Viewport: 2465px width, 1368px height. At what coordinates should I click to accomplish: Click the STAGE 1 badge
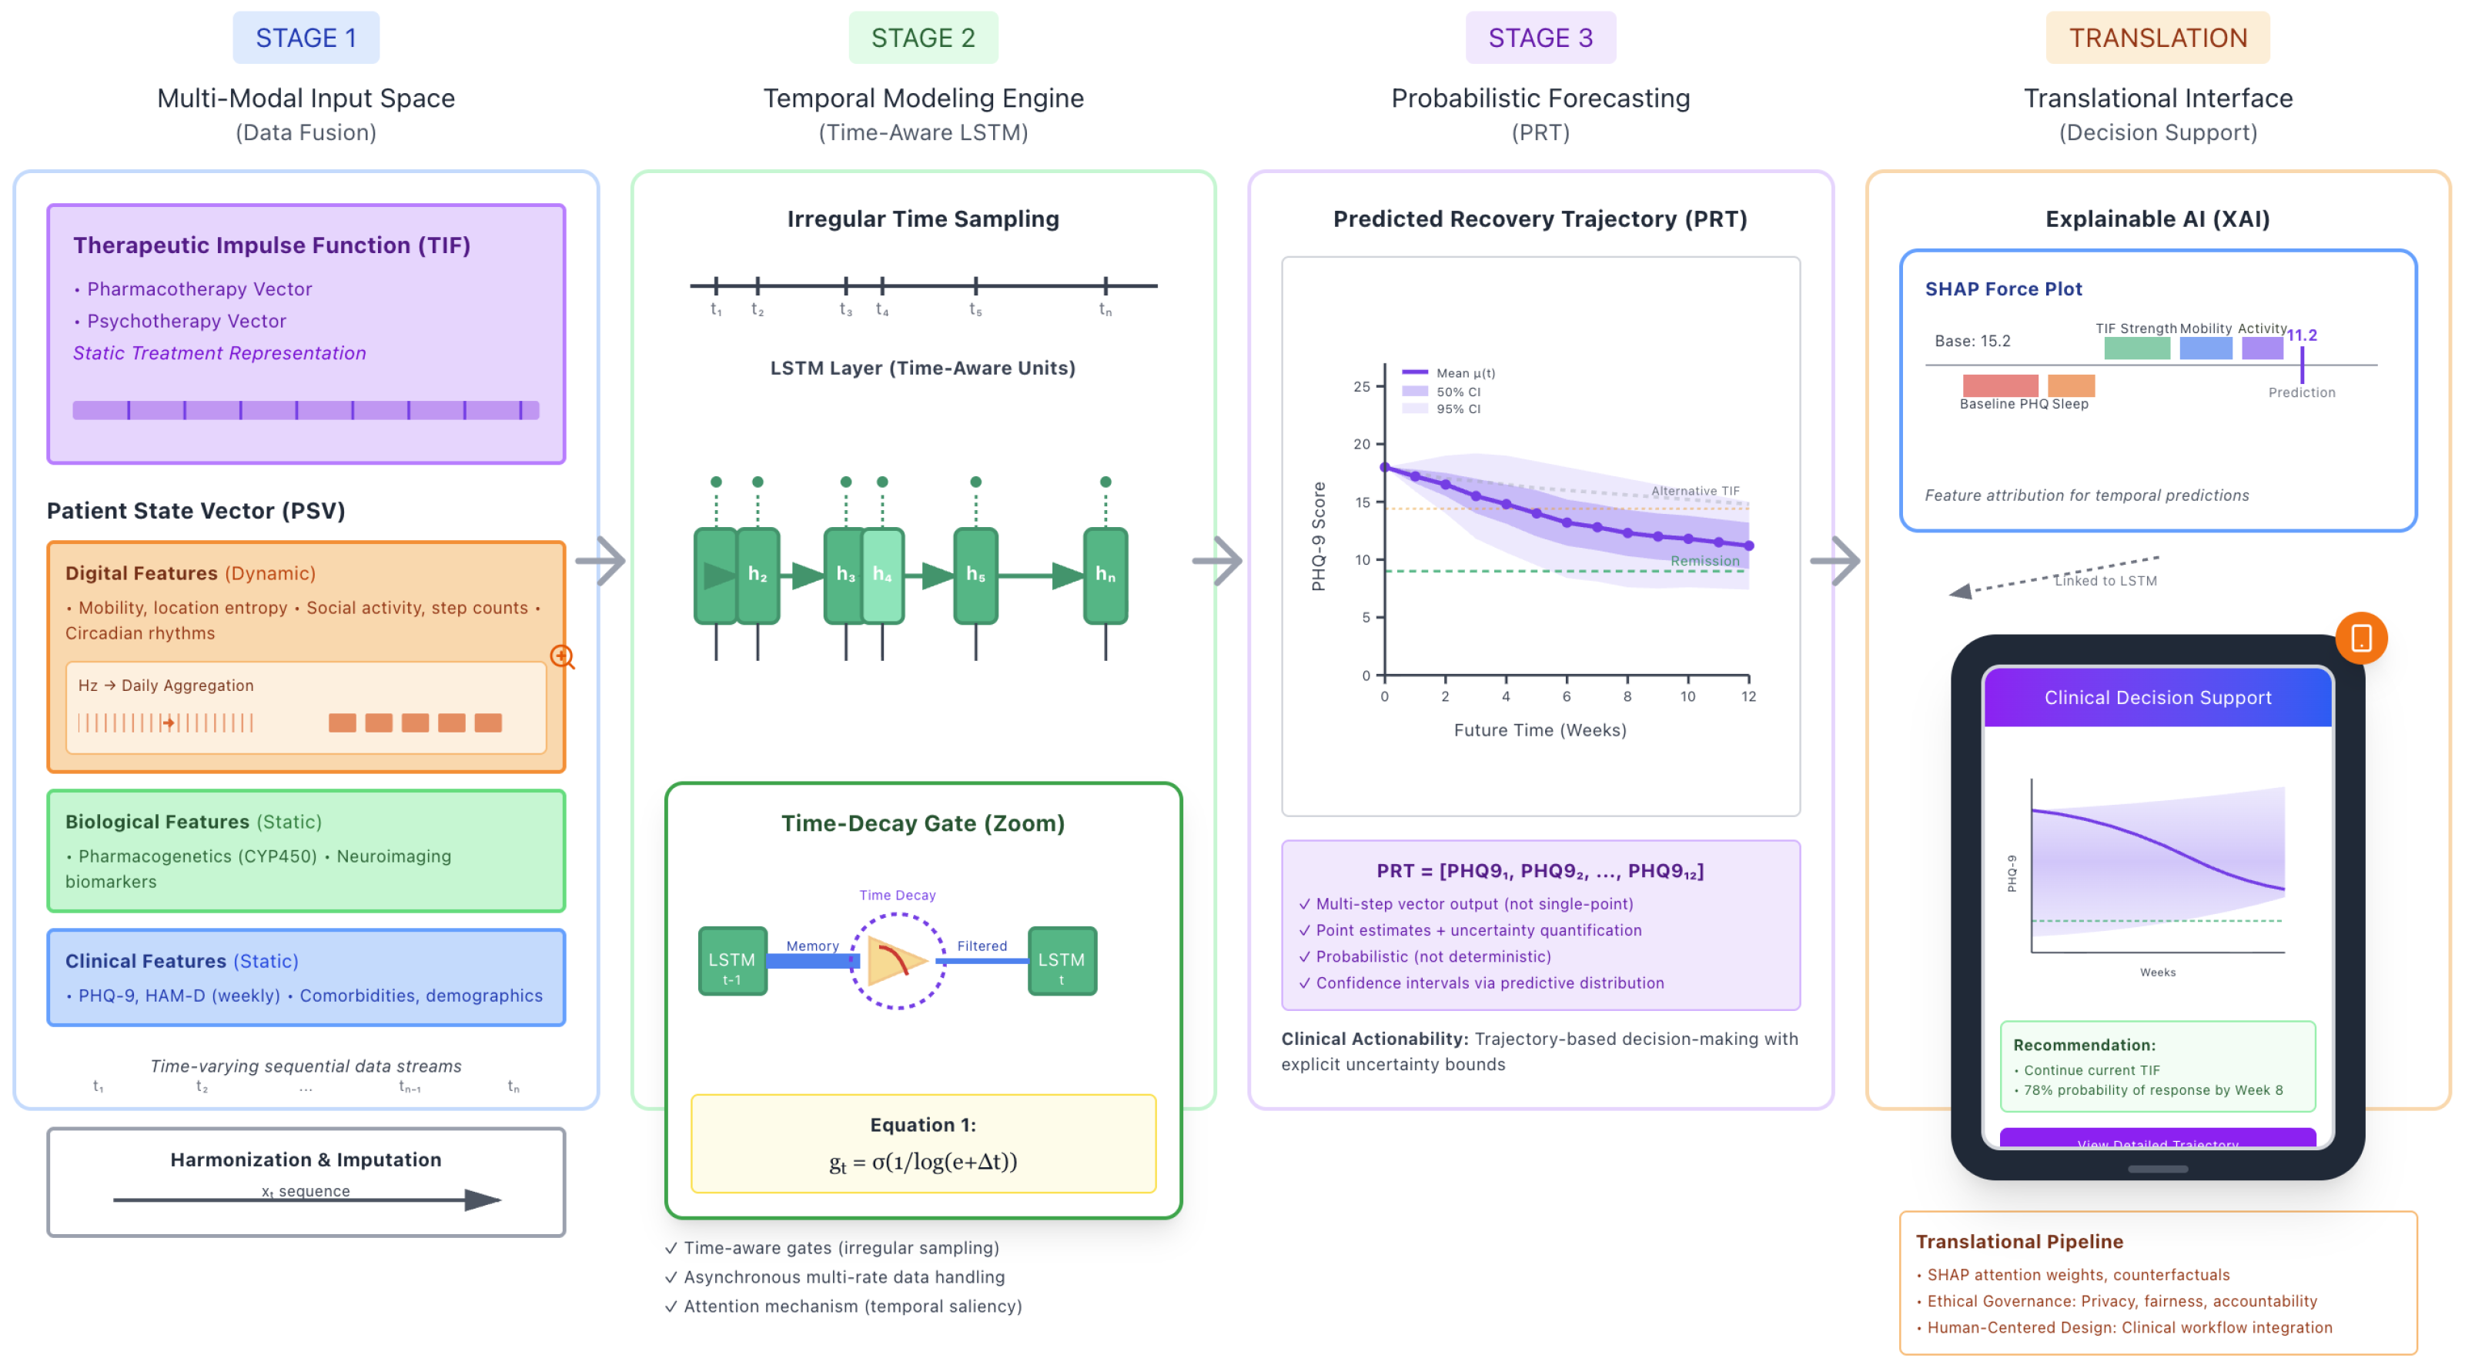click(306, 38)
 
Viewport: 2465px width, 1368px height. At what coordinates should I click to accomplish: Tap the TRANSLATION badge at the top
click(2157, 38)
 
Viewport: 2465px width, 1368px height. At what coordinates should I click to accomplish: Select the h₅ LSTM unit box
click(975, 575)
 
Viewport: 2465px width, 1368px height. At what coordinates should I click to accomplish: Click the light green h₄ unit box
click(882, 575)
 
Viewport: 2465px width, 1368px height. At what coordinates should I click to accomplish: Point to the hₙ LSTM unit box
click(1105, 575)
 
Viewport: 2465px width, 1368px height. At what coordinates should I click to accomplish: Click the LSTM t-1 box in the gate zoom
click(732, 960)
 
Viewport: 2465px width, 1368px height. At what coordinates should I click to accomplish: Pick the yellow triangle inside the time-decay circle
click(895, 960)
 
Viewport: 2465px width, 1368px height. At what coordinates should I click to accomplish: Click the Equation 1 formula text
click(922, 1161)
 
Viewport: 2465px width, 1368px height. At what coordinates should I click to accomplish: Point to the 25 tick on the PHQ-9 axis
click(1362, 386)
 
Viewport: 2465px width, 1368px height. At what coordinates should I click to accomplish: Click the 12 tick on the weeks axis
click(1748, 696)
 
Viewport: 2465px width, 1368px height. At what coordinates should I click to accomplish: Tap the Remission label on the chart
click(1704, 561)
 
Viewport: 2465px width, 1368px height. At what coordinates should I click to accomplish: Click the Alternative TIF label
click(1694, 491)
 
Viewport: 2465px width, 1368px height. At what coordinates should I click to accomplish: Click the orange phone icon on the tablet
click(2361, 638)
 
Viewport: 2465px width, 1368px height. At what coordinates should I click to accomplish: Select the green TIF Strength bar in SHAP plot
click(2137, 349)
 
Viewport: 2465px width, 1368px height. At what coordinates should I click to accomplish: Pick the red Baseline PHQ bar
click(2000, 385)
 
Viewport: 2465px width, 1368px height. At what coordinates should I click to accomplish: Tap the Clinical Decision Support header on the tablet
click(2157, 697)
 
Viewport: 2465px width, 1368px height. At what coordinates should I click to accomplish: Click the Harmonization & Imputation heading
click(306, 1159)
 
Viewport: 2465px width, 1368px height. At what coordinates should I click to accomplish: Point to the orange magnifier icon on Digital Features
click(562, 657)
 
